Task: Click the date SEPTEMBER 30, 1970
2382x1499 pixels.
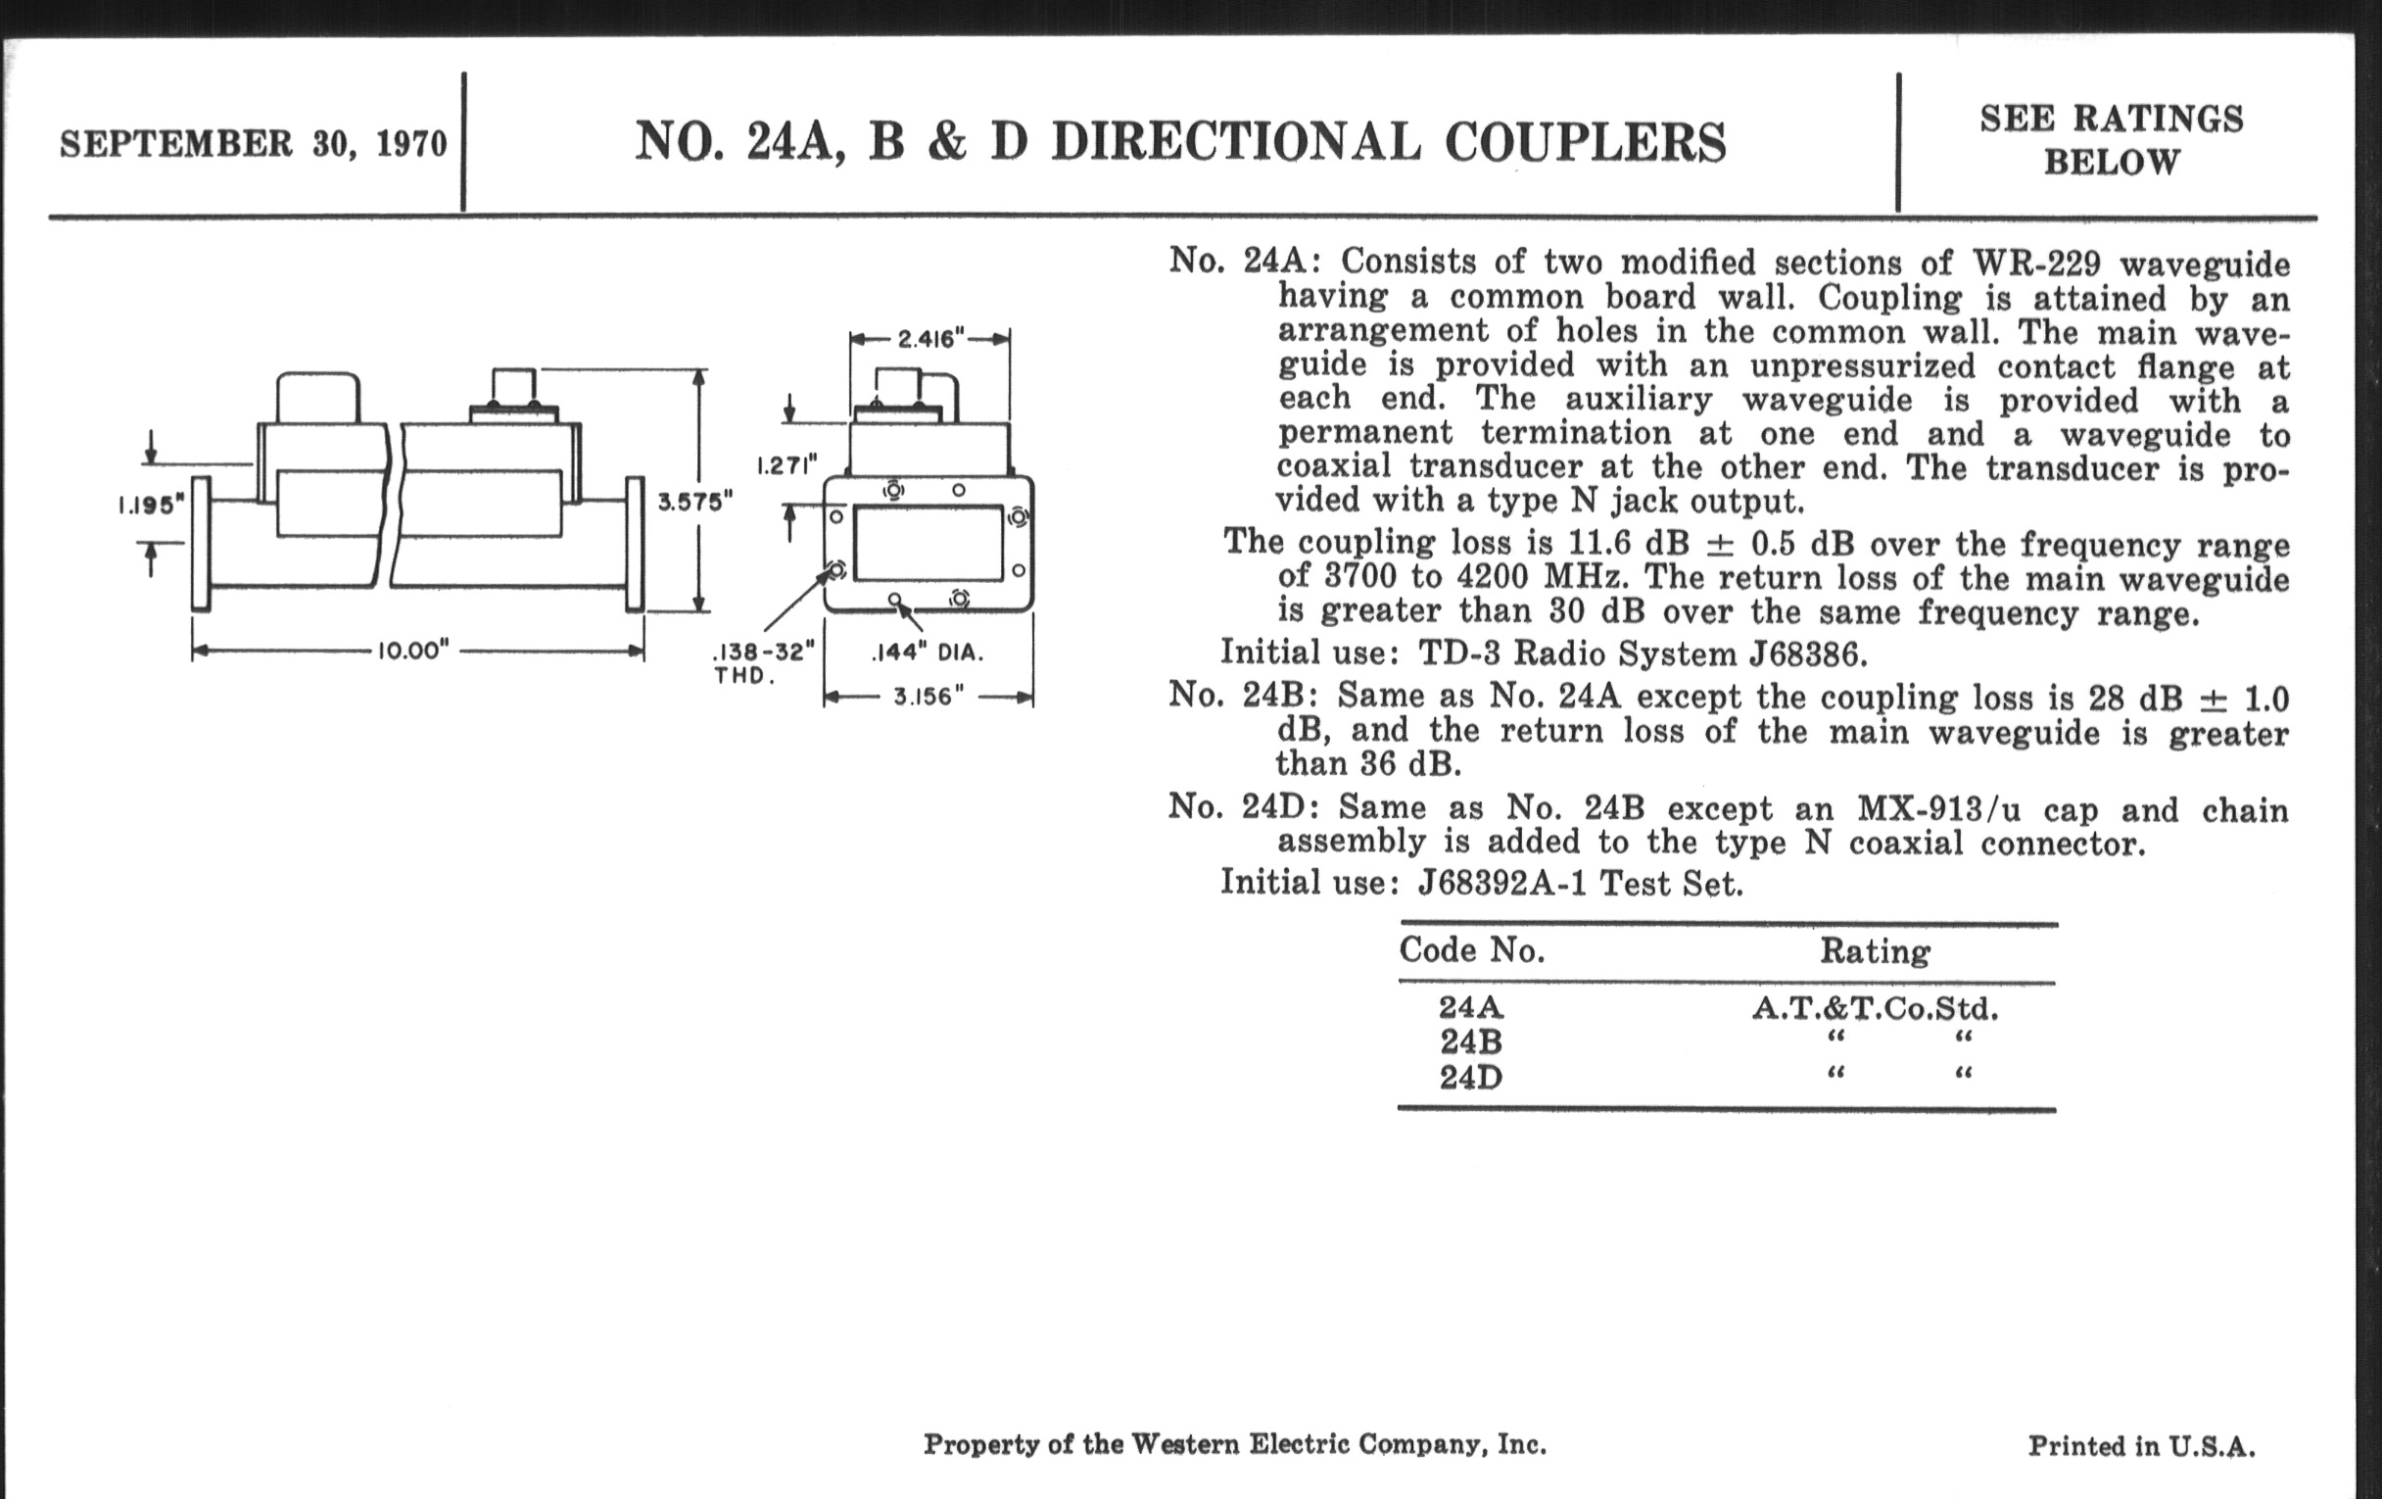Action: (x=254, y=144)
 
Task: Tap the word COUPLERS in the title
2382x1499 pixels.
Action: (x=1585, y=142)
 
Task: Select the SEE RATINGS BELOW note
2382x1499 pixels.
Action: (x=2111, y=139)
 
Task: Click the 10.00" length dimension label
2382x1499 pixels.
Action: (x=413, y=652)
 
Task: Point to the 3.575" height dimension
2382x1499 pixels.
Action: (x=695, y=502)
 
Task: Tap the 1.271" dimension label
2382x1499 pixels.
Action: (x=787, y=465)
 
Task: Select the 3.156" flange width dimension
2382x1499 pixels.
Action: (x=928, y=697)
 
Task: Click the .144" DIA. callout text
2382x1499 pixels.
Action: (x=926, y=653)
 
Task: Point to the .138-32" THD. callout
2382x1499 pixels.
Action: (x=763, y=663)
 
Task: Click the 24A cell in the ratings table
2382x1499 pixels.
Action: (x=1471, y=1007)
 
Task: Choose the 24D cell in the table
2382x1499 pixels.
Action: (x=1471, y=1077)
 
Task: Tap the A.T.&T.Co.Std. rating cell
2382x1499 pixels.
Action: (x=1875, y=1008)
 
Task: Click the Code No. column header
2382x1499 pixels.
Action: (x=1471, y=951)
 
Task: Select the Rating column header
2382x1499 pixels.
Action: (x=1875, y=952)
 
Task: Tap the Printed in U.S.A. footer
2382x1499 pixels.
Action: (x=2142, y=1446)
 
